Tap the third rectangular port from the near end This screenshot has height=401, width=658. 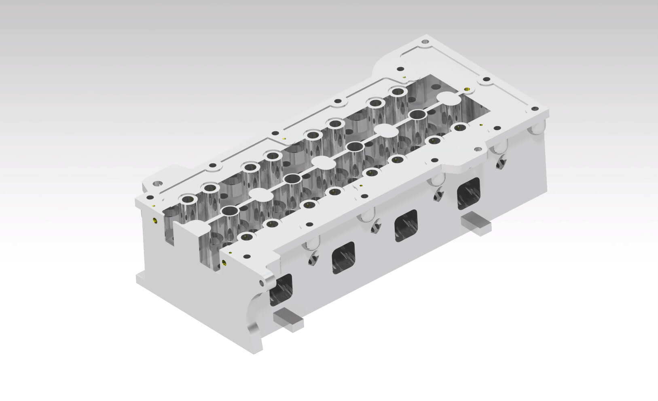[406, 226]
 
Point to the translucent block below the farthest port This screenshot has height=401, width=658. [476, 224]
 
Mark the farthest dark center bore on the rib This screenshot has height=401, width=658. [418, 114]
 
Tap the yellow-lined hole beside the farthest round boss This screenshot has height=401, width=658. [467, 89]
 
